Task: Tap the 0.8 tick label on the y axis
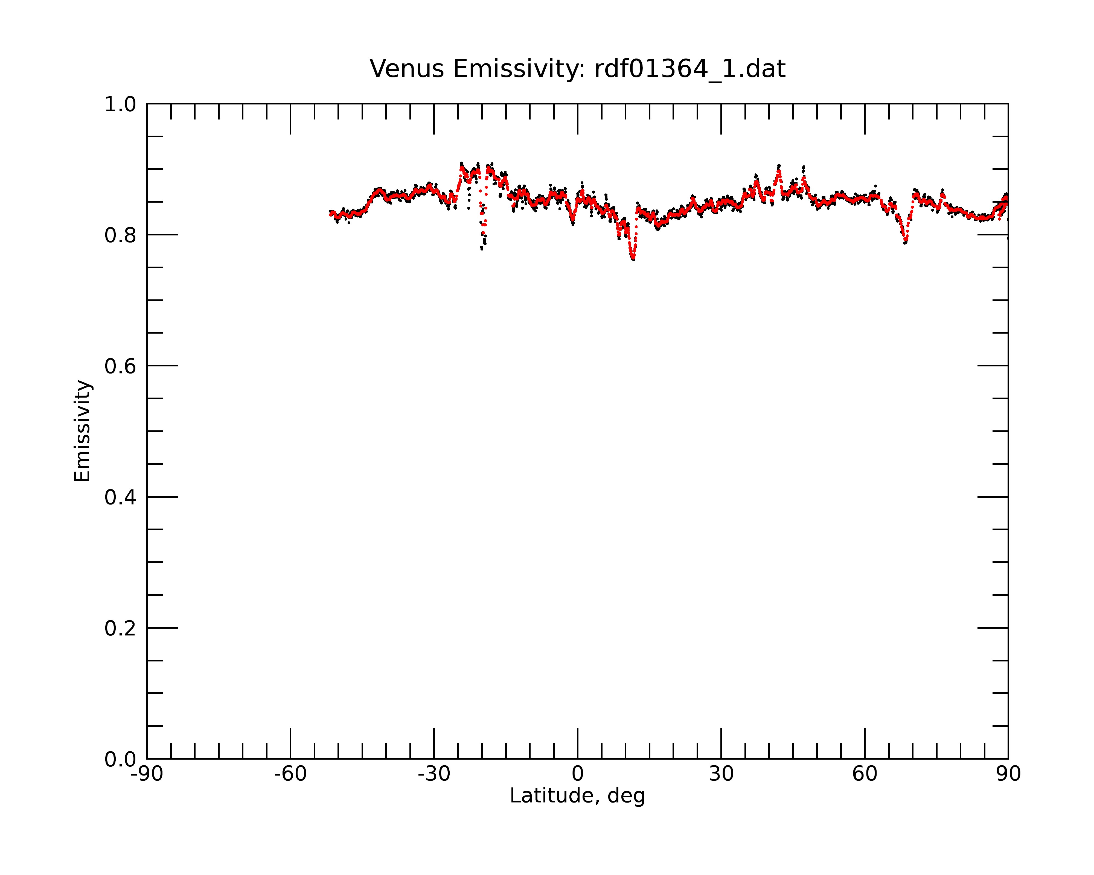120,235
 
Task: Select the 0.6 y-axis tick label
120,366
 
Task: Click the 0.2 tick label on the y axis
120,628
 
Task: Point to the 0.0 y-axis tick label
120,759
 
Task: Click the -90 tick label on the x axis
147,774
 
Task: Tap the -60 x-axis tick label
290,774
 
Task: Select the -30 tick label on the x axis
434,774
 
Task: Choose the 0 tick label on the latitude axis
577,774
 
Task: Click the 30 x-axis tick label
721,774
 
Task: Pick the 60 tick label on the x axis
865,774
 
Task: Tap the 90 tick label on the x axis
1008,774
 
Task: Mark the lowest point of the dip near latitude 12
633,259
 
